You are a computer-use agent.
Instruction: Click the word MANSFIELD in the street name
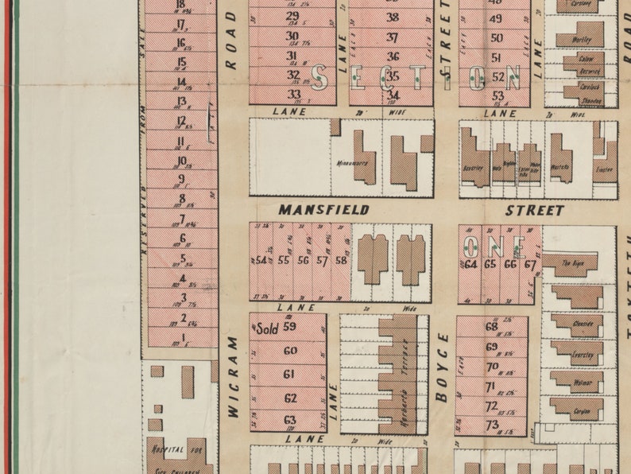click(323, 210)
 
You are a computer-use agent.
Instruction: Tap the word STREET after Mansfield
click(535, 211)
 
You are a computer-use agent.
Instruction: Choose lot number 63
click(289, 419)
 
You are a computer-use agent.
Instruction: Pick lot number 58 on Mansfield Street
click(341, 260)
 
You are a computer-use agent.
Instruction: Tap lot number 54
click(261, 260)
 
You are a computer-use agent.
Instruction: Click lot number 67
click(530, 264)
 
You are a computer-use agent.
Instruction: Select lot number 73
click(491, 425)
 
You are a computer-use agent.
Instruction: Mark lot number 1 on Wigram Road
click(184, 337)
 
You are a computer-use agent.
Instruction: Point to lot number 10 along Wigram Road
click(182, 161)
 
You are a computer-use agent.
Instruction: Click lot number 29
click(292, 16)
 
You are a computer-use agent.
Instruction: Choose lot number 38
click(393, 17)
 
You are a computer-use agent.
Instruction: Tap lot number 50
click(497, 37)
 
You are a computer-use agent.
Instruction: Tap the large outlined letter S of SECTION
click(320, 77)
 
